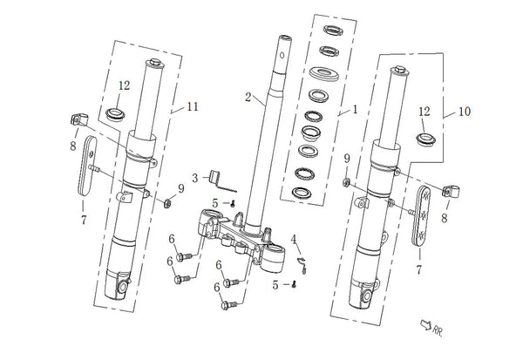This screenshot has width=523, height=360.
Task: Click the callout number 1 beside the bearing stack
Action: (356, 110)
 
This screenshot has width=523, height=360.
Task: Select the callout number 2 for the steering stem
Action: (248, 97)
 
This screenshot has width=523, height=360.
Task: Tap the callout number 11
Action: (193, 106)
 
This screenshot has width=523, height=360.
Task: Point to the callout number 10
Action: (465, 111)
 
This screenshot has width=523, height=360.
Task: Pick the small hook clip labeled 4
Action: (302, 265)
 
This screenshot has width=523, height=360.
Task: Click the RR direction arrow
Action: (425, 324)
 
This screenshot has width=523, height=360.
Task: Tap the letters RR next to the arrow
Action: (438, 331)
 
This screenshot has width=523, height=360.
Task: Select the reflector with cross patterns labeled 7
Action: (421, 216)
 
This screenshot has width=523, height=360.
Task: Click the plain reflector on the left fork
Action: (86, 166)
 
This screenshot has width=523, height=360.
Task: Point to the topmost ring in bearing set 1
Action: (333, 30)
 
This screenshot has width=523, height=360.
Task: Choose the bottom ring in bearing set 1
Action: (302, 193)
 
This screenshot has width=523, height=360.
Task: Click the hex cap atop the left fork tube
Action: (155, 62)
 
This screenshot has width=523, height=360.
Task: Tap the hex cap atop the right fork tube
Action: (399, 70)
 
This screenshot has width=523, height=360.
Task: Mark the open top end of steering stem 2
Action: (285, 37)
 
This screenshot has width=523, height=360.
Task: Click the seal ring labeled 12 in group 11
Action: (115, 114)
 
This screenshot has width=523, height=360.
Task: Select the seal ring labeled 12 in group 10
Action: (426, 139)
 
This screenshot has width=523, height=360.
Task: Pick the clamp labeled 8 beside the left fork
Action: (79, 119)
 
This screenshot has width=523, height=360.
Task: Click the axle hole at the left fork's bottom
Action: (122, 287)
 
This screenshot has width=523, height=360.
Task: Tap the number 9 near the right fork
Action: (347, 159)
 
